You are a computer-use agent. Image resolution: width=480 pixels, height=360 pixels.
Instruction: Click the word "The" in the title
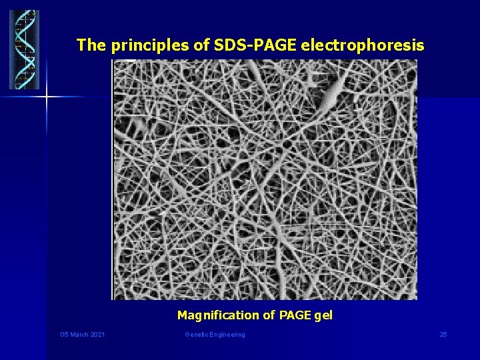click(x=91, y=45)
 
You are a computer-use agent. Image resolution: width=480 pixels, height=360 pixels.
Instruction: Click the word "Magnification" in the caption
click(x=217, y=315)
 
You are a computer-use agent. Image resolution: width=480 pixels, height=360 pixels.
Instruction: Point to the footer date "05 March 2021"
click(x=82, y=335)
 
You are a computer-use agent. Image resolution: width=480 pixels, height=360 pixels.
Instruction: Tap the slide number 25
click(x=443, y=335)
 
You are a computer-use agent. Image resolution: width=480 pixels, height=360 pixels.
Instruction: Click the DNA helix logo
click(x=24, y=49)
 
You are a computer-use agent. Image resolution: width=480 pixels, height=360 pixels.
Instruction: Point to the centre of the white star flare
click(x=47, y=97)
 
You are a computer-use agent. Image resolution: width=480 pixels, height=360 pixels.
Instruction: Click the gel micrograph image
click(x=265, y=179)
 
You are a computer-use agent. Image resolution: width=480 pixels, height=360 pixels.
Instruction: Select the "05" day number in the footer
click(x=64, y=335)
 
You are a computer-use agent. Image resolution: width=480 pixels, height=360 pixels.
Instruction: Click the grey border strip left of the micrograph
click(x=112, y=179)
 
